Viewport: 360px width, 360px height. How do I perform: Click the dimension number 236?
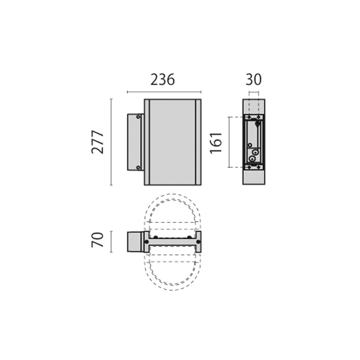click(162, 80)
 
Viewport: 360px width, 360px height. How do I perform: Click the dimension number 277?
click(98, 142)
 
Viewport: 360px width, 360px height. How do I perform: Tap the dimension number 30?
click(253, 80)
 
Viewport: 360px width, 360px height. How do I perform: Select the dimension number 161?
click(216, 142)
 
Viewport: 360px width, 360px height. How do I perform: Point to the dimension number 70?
click(98, 240)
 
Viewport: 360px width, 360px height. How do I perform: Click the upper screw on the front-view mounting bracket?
click(138, 117)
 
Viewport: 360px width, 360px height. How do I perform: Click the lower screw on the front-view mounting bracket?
click(138, 167)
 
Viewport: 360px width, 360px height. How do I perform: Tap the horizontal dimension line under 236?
click(164, 92)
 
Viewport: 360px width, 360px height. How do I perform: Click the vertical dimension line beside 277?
click(112, 142)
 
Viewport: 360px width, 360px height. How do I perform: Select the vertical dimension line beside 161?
click(229, 142)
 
